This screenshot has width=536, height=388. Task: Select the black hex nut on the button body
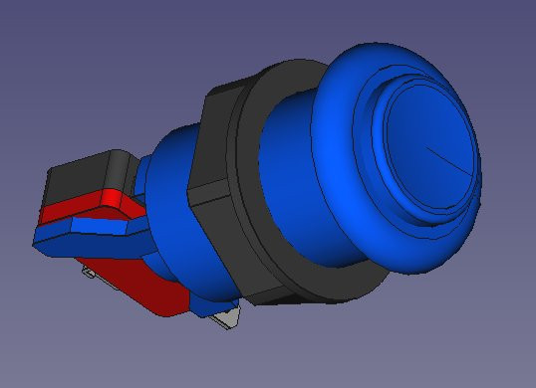(x=214, y=149)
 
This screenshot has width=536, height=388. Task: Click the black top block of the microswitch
(x=85, y=179)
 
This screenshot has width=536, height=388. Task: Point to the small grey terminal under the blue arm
(x=89, y=271)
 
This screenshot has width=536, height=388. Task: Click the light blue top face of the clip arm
(x=90, y=228)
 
